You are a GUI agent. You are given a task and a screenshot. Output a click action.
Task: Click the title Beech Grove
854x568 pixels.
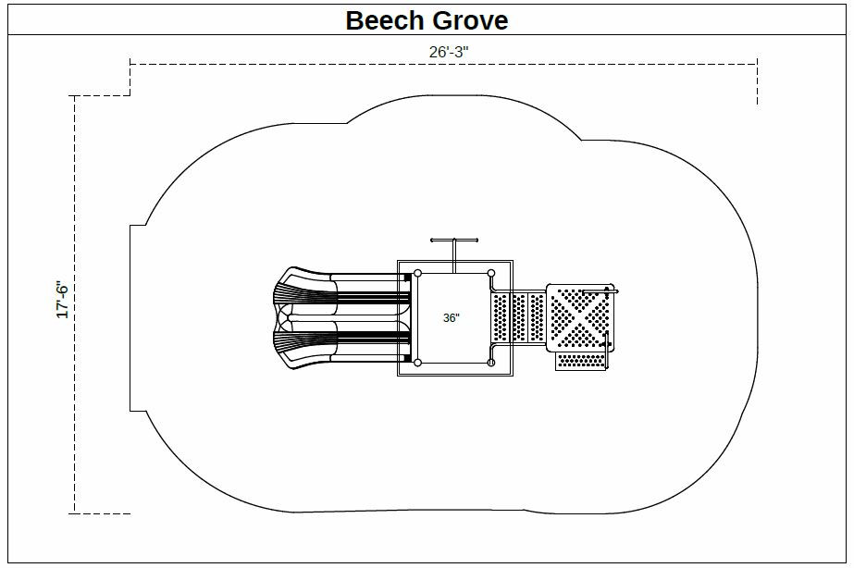(427, 19)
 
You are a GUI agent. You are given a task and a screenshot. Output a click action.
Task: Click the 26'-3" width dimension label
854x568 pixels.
(449, 52)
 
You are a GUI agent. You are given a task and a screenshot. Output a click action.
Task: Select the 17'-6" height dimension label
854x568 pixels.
(63, 299)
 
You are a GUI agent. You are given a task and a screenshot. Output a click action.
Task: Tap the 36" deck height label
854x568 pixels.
(451, 317)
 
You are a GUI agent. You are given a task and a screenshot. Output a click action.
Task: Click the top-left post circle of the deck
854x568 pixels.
(417, 273)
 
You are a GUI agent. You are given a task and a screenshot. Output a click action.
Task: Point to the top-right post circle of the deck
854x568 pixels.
(491, 273)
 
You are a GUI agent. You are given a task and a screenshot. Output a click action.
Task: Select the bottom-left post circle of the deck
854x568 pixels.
(417, 363)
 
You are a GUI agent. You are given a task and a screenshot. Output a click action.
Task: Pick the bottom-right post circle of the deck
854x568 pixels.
(491, 363)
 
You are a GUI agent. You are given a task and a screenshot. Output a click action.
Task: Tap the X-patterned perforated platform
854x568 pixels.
(578, 318)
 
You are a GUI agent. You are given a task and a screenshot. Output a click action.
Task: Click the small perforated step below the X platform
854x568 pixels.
(580, 361)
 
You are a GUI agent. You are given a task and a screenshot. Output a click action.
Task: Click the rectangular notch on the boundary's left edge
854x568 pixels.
(136, 317)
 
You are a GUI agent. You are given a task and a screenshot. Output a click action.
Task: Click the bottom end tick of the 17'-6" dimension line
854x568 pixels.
(102, 512)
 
